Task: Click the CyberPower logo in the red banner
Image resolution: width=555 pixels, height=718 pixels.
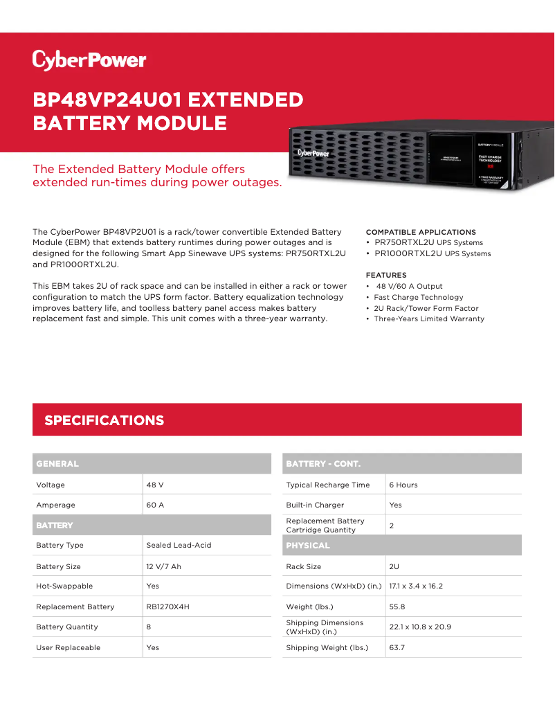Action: pyautogui.click(x=89, y=60)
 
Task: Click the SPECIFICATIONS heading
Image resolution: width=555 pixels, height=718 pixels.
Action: pyautogui.click(x=104, y=420)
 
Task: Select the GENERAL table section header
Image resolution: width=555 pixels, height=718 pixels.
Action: pyautogui.click(x=57, y=463)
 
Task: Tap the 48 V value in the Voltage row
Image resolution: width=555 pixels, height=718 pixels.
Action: pyautogui.click(x=155, y=485)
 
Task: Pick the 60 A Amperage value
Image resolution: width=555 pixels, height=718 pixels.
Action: pyautogui.click(x=155, y=505)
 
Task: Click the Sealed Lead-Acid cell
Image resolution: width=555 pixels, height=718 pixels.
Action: pyautogui.click(x=179, y=545)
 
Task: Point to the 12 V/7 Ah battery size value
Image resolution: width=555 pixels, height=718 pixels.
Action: pyautogui.click(x=163, y=566)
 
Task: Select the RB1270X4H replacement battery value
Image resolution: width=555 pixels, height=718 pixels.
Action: pyautogui.click(x=167, y=607)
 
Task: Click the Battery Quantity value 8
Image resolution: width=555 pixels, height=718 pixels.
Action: pyautogui.click(x=149, y=627)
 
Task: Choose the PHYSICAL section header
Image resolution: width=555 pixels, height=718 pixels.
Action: pyautogui.click(x=308, y=546)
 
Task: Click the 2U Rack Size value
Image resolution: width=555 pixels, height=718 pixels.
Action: pyautogui.click(x=394, y=566)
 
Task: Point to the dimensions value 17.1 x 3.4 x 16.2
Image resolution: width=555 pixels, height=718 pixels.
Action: pyautogui.click(x=416, y=586)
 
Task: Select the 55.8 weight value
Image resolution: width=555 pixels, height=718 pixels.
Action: pyautogui.click(x=397, y=607)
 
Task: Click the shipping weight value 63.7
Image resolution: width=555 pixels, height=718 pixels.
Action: pyautogui.click(x=397, y=647)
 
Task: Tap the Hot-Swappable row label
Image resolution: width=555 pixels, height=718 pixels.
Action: pyautogui.click(x=64, y=586)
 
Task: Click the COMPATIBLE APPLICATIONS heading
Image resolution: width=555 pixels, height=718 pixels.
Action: pyautogui.click(x=421, y=232)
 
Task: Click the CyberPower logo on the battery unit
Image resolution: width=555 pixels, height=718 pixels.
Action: pyautogui.click(x=313, y=152)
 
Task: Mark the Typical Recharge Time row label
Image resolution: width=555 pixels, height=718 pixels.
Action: pyautogui.click(x=328, y=485)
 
